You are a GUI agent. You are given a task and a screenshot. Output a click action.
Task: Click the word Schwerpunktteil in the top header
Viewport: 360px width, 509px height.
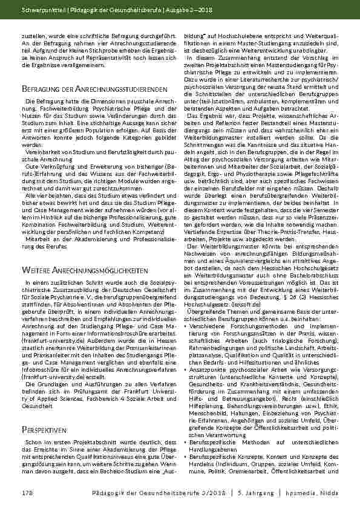point(38,10)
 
